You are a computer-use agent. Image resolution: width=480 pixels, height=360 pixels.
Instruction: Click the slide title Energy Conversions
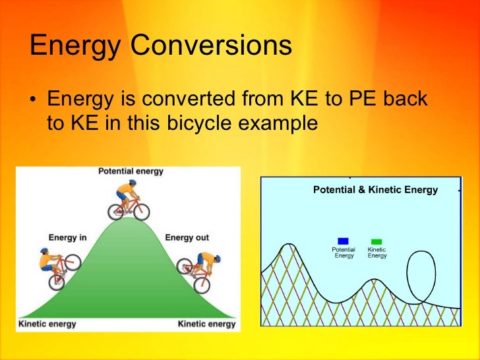[160, 47]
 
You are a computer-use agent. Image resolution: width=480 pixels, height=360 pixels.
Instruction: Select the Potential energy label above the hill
[131, 171]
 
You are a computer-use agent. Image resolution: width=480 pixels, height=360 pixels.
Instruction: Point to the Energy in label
[67, 237]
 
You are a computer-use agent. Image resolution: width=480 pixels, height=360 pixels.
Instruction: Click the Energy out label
[187, 237]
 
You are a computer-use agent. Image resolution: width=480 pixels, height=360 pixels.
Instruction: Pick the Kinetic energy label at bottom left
[47, 324]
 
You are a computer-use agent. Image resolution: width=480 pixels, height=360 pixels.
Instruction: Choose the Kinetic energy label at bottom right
[207, 324]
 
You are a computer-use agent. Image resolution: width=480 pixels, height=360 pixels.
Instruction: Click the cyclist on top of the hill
[129, 200]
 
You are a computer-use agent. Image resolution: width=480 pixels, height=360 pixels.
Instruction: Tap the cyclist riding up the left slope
[57, 266]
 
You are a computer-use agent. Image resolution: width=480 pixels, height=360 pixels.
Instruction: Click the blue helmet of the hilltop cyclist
[132, 183]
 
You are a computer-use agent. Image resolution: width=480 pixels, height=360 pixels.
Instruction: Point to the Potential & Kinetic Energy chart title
[375, 190]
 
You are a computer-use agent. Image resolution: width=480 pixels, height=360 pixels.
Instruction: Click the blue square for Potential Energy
[343, 241]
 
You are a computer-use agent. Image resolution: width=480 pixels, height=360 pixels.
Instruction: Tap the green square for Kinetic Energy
[376, 242]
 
